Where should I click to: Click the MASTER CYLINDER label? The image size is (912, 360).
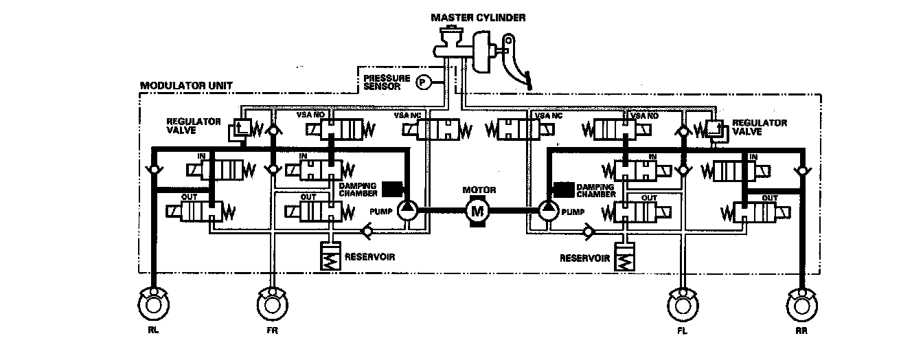point(479,17)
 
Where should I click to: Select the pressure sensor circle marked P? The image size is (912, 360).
point(423,82)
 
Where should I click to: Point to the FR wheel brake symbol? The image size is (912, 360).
point(273,303)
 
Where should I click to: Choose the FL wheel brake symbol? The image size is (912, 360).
point(683,303)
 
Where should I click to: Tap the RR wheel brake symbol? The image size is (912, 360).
point(801,303)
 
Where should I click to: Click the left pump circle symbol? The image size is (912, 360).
point(407,210)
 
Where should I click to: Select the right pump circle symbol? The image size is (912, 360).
point(547,210)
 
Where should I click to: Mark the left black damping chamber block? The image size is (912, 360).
point(392,188)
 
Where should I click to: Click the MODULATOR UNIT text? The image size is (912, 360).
point(186,87)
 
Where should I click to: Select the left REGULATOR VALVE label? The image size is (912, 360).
point(193,126)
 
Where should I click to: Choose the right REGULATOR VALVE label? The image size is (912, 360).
point(759,126)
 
